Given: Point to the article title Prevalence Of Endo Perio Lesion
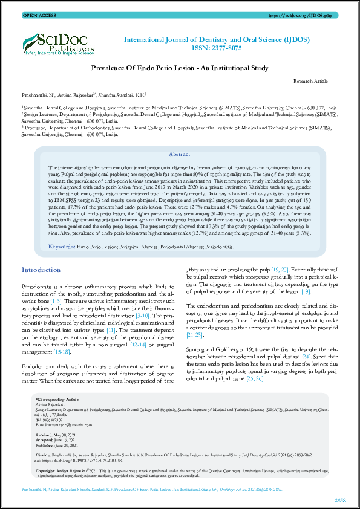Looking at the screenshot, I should click(x=180, y=70).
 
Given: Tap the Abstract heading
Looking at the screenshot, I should click(x=180, y=155).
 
